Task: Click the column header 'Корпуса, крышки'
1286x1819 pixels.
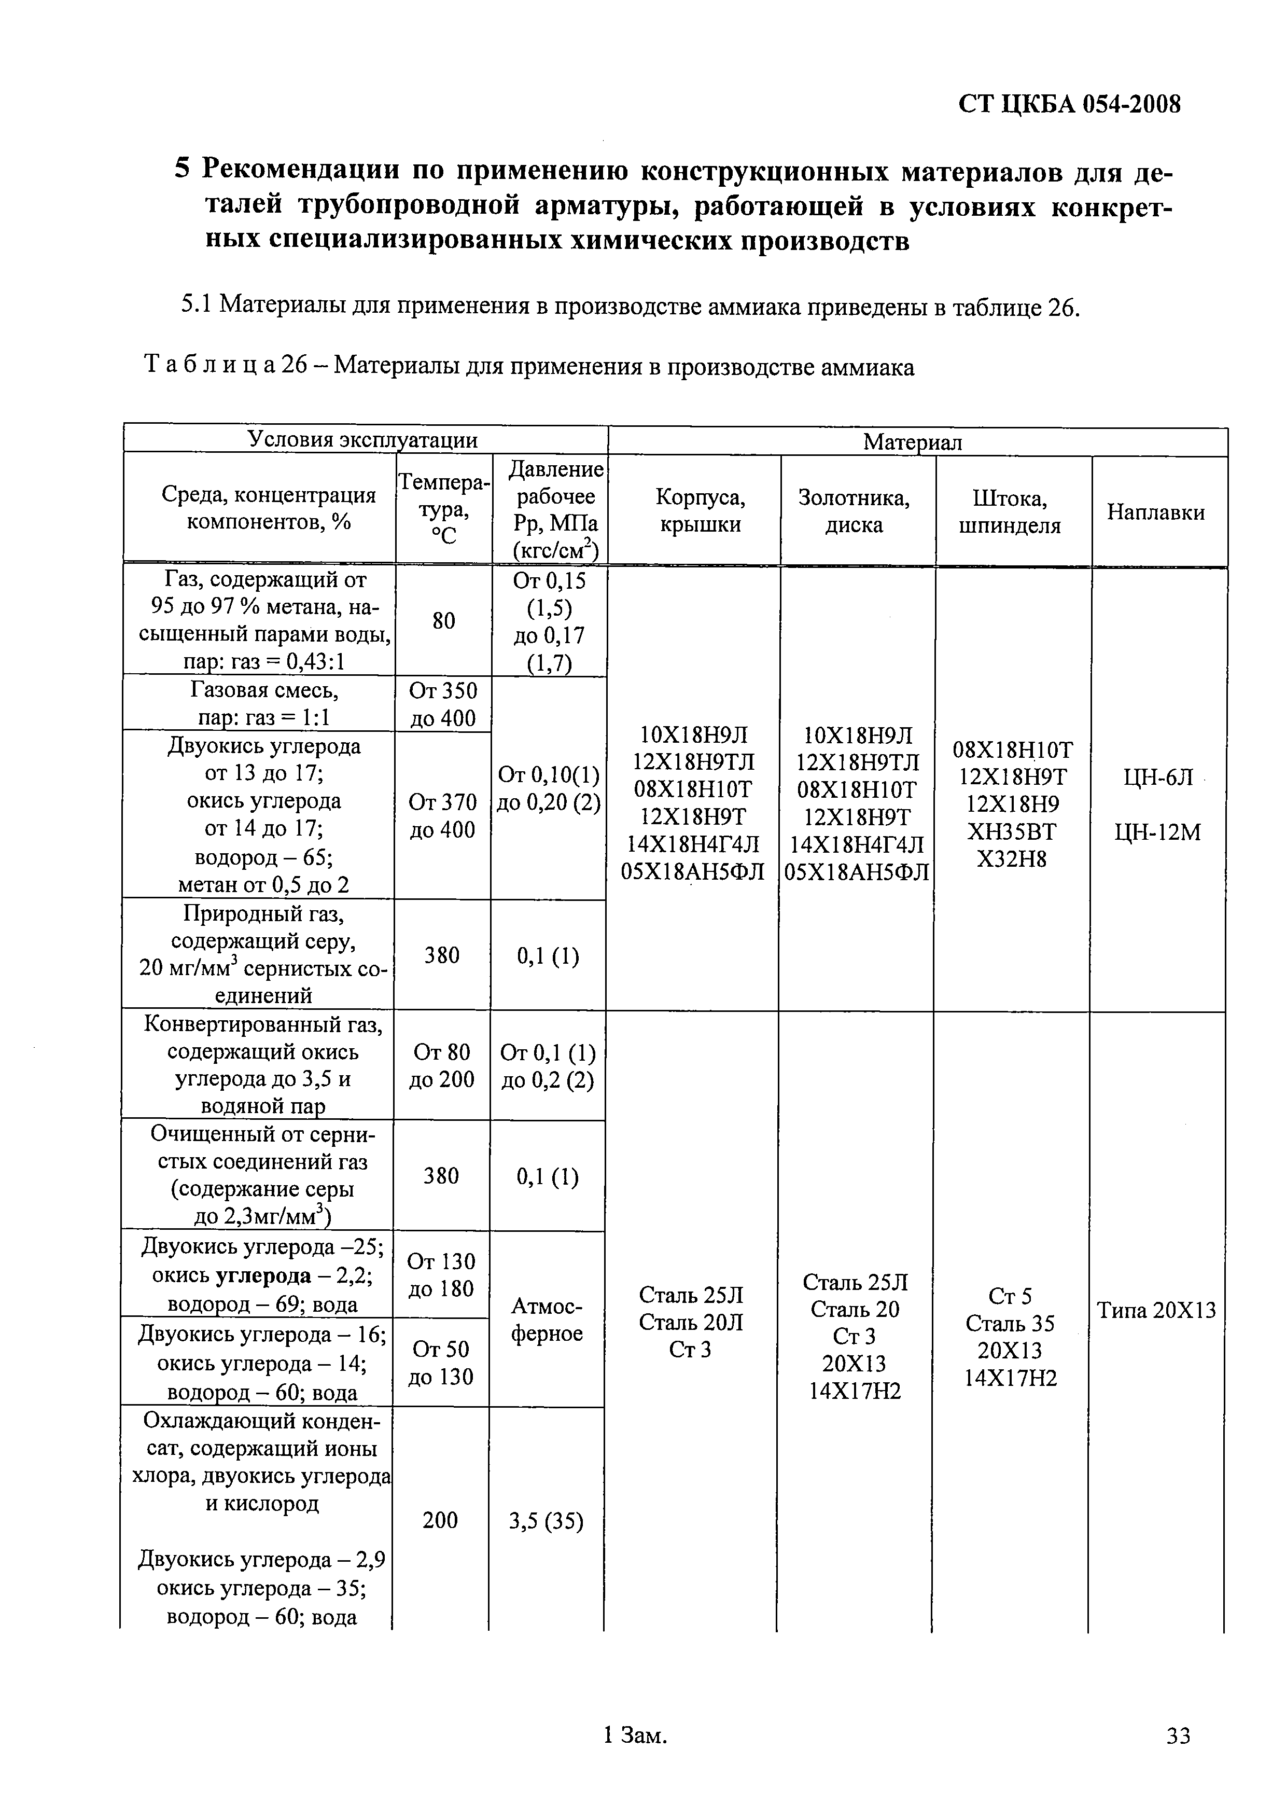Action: click(x=700, y=511)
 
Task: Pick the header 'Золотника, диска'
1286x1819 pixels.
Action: click(x=854, y=511)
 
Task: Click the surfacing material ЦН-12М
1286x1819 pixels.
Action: click(x=1157, y=832)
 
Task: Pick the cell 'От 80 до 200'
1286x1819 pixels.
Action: click(x=441, y=1065)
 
